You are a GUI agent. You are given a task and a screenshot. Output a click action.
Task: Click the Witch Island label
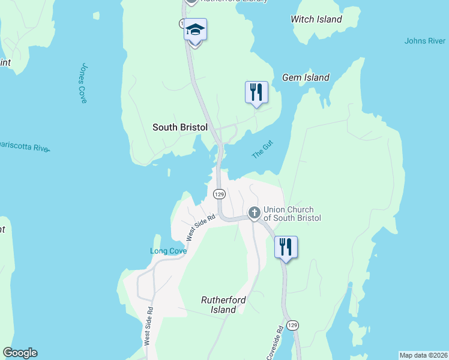[316, 19]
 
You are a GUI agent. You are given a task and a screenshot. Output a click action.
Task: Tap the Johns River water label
[424, 41]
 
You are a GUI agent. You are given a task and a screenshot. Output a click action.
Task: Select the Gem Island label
[306, 77]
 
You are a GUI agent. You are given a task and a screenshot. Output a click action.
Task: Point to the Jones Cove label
[83, 83]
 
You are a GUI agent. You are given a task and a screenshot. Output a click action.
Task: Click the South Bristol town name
[179, 127]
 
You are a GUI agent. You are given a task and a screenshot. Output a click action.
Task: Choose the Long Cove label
[168, 251]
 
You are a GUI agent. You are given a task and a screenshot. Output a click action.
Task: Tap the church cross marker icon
[254, 212]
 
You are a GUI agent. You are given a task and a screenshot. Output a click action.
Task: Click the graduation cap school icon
[195, 29]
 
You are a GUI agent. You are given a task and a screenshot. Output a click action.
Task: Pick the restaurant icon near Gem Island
[256, 92]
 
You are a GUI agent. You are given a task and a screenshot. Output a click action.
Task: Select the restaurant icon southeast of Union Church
[286, 247]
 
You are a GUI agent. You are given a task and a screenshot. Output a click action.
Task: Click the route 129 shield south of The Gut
[219, 194]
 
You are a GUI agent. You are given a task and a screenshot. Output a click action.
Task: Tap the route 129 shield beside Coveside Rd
[292, 325]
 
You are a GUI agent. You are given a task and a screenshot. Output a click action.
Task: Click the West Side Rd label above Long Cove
[200, 228]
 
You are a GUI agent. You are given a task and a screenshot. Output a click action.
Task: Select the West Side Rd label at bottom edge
[148, 327]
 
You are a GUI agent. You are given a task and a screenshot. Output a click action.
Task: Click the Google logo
[20, 353]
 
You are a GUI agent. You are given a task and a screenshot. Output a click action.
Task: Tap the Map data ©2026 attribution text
[423, 355]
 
